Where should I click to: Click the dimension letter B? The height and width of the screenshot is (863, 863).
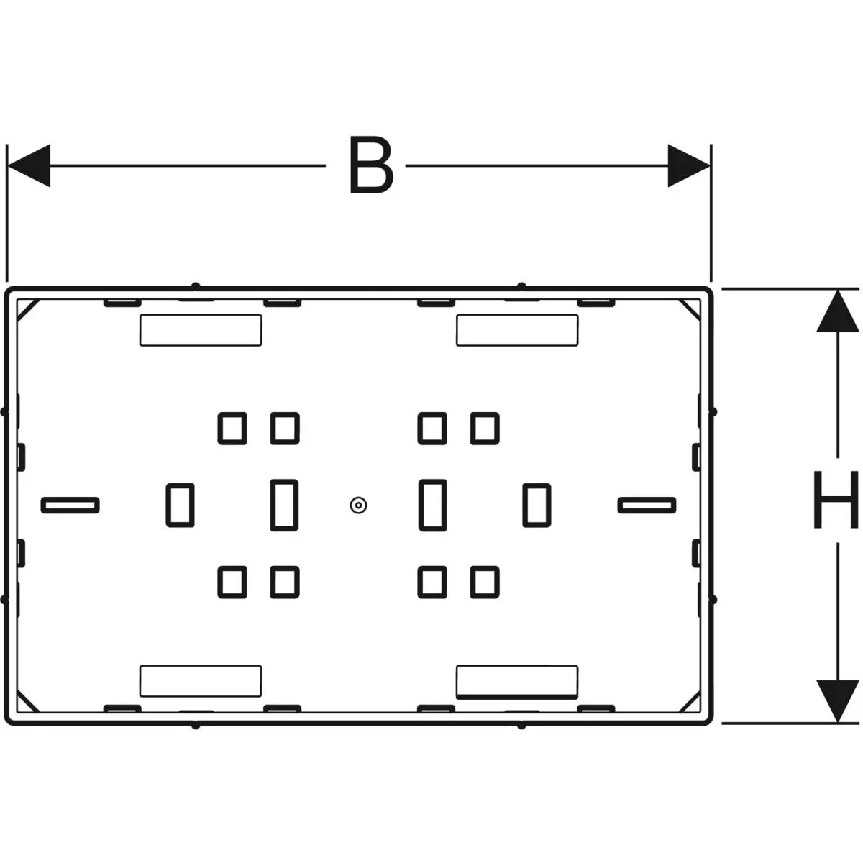coord(371,165)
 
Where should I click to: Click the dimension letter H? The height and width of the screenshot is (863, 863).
coord(835,499)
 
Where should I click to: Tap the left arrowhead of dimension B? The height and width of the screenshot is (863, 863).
coord(29,165)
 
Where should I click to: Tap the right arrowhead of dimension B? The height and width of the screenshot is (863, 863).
coord(689,165)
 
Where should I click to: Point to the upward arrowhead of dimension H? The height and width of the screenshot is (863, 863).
coord(838,311)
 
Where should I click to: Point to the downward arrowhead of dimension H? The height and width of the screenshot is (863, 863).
coord(838,701)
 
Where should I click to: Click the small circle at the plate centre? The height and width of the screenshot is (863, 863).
coord(358,506)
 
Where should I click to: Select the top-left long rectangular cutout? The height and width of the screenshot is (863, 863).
coord(201,330)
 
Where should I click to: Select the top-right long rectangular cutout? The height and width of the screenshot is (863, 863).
coord(517,330)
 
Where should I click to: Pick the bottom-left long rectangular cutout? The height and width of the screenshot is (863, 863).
coord(201,681)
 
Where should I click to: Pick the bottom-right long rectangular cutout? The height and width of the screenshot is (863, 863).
coord(517,682)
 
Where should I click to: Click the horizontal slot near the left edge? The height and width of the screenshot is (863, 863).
coord(70,506)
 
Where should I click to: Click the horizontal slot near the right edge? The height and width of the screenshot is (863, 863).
coord(647,506)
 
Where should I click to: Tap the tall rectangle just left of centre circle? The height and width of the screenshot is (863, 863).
coord(284,505)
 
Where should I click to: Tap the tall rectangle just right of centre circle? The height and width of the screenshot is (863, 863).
coord(433,505)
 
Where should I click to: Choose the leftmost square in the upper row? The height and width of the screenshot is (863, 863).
coord(232,429)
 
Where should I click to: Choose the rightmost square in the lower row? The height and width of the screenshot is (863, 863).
coord(485,583)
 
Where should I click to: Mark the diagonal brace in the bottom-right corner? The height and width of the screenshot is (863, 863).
coord(689,702)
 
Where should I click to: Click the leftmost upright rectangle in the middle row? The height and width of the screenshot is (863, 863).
coord(180,505)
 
